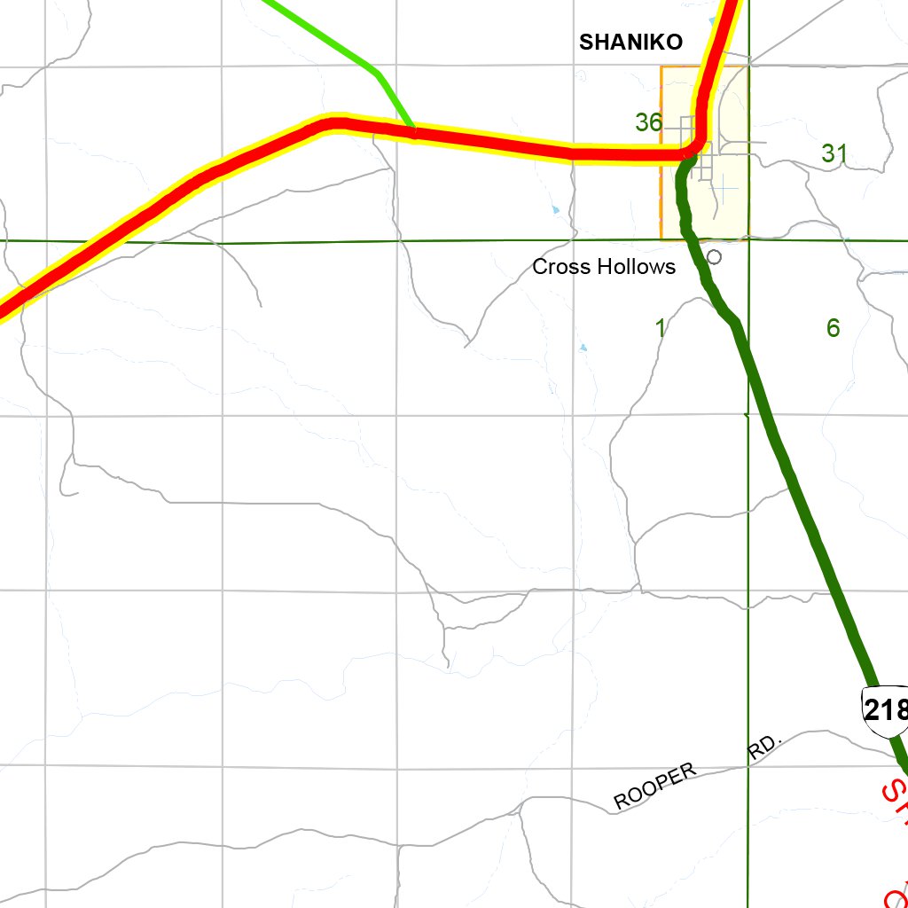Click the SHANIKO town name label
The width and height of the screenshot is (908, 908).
(x=630, y=42)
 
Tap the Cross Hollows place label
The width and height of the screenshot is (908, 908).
(x=604, y=267)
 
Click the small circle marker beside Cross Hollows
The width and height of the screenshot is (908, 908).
(x=715, y=256)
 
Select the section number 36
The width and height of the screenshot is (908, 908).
(x=648, y=122)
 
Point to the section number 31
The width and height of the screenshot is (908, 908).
(x=834, y=153)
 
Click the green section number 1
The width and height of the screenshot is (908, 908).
(x=660, y=328)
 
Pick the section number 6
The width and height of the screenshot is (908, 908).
(x=833, y=328)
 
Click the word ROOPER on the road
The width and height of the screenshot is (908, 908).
(x=656, y=786)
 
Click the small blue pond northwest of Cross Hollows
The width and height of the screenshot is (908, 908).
(x=556, y=210)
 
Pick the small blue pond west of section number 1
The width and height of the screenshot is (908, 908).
(x=583, y=347)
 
